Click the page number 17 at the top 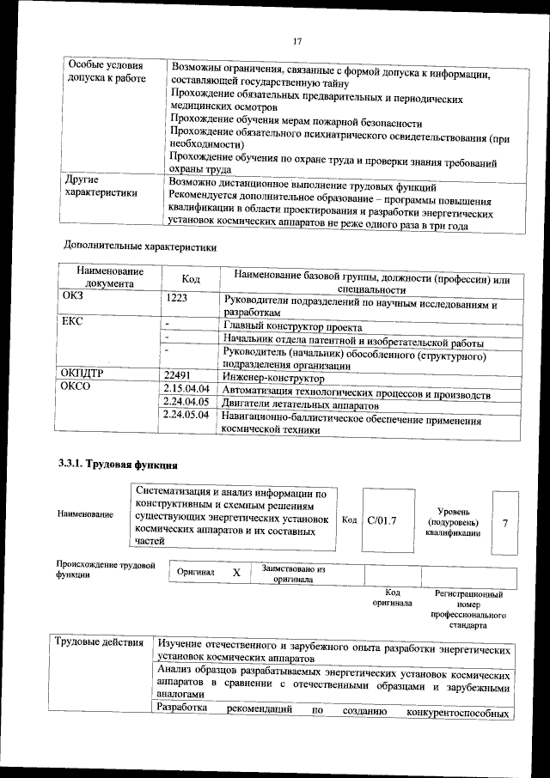pyautogui.click(x=296, y=41)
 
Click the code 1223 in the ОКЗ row pyautogui.click(x=177, y=299)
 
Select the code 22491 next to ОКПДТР pyautogui.click(x=182, y=376)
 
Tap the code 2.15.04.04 pyautogui.click(x=186, y=390)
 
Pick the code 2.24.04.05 pyautogui.click(x=186, y=402)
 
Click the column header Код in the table pyautogui.click(x=192, y=279)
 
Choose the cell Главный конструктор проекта pyautogui.click(x=291, y=327)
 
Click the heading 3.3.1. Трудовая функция pyautogui.click(x=116, y=465)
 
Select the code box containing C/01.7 pyautogui.click(x=381, y=520)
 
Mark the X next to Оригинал pyautogui.click(x=236, y=572)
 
